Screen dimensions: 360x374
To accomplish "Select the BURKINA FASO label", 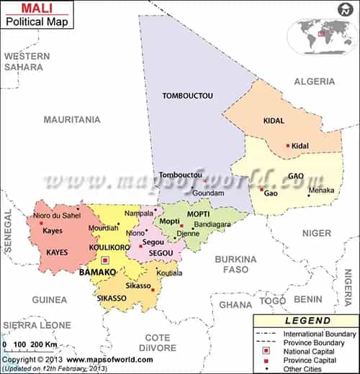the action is tap(235, 264).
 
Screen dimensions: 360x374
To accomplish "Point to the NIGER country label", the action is tap(316, 233).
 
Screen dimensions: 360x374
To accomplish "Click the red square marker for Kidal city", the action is tap(288, 146).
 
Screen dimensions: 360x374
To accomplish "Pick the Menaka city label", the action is tap(321, 191).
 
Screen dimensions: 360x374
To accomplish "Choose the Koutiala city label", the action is tap(170, 273).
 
